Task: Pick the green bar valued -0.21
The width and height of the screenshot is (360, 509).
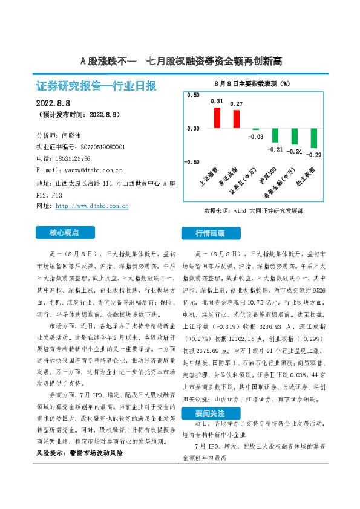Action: pyautogui.click(x=275, y=136)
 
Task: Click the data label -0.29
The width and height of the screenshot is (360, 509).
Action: pyautogui.click(x=314, y=155)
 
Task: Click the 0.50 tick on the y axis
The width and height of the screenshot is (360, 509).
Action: pyautogui.click(x=192, y=96)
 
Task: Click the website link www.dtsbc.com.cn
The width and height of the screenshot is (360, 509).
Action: pyautogui.click(x=91, y=206)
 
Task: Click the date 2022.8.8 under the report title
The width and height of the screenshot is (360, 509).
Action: pyautogui.click(x=54, y=103)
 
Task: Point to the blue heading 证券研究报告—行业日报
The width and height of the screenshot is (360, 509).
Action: pyautogui.click(x=97, y=86)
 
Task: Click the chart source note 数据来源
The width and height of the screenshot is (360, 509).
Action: pyautogui.click(x=254, y=212)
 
